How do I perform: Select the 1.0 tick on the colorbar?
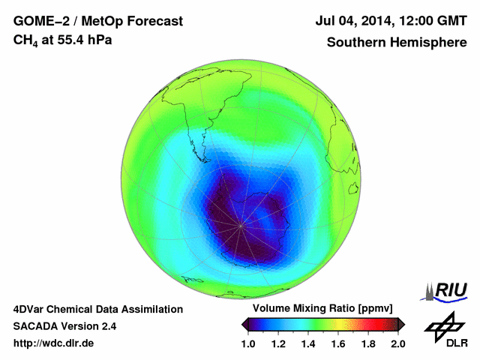click(x=250, y=343)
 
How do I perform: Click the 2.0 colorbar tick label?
click(x=397, y=343)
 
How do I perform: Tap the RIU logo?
click(x=447, y=291)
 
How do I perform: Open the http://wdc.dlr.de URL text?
click(x=54, y=343)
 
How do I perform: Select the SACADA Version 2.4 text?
click(x=64, y=326)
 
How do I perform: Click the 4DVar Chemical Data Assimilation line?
click(x=97, y=309)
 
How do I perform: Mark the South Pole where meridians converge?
click(x=241, y=223)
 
